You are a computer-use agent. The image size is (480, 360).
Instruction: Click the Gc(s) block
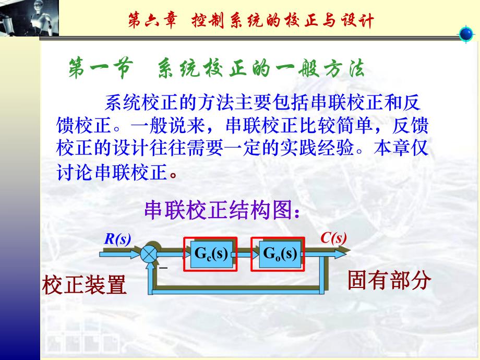210,254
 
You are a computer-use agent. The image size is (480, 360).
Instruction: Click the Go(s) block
279,254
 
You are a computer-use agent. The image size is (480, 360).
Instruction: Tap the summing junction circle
149,254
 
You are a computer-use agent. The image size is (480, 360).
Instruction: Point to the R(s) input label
117,239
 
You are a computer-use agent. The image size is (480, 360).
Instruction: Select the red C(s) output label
333,238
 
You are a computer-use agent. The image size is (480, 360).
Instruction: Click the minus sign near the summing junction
163,268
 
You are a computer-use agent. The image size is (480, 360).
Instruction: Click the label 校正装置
85,285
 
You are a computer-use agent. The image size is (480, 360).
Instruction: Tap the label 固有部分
389,280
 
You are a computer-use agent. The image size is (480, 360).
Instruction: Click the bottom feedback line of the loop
240,287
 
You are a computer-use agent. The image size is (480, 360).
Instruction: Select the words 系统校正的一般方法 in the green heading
261,68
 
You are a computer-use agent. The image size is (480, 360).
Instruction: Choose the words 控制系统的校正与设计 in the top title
282,21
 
